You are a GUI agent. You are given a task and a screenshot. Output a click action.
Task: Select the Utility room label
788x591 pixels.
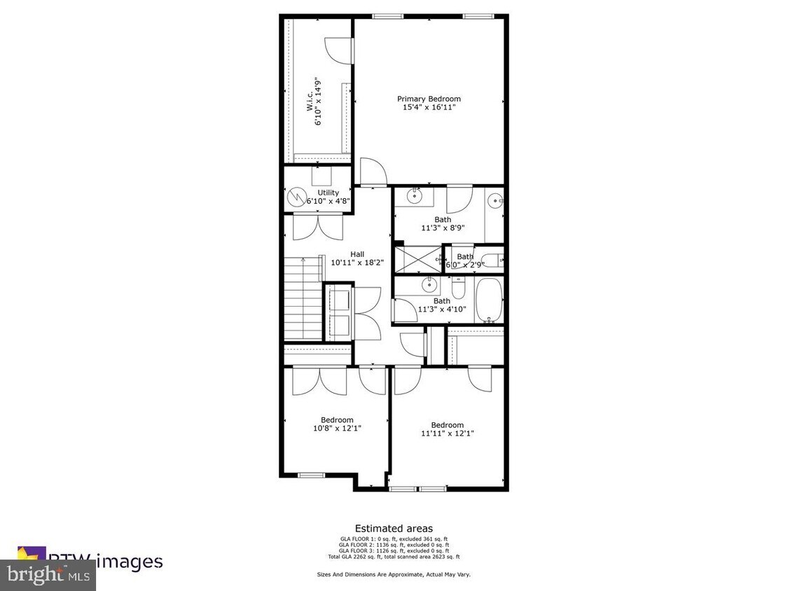[328, 193]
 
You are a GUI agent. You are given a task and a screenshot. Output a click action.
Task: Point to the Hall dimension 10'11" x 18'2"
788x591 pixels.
[357, 263]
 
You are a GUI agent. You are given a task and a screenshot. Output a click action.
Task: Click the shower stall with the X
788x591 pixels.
[417, 259]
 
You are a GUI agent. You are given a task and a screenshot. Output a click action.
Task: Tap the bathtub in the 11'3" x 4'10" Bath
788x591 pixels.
[488, 300]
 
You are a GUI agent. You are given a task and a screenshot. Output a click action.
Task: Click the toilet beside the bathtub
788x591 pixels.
[457, 288]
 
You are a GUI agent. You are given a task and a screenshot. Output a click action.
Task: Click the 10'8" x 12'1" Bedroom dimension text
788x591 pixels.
[337, 429]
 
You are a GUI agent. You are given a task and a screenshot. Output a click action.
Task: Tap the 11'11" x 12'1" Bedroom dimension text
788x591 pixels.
[447, 433]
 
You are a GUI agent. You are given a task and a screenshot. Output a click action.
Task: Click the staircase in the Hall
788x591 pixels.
[302, 298]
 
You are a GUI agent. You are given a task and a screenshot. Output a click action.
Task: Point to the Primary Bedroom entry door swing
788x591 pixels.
[371, 172]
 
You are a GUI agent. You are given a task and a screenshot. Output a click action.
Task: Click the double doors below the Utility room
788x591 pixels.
[319, 226]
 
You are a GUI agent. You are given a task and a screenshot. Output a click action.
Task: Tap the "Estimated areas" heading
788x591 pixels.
[393, 529]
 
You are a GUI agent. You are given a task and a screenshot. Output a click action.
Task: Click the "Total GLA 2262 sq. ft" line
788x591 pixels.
[393, 557]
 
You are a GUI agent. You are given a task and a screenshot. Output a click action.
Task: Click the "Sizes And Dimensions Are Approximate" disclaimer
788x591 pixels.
[393, 574]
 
